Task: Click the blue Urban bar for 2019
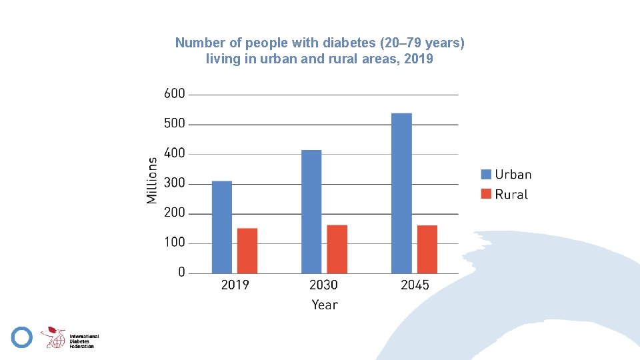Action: click(x=221, y=227)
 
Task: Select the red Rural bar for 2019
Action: click(x=247, y=251)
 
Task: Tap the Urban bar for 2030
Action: click(x=311, y=212)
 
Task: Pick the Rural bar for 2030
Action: click(x=337, y=249)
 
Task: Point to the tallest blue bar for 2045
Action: click(x=401, y=193)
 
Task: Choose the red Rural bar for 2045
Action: click(x=427, y=249)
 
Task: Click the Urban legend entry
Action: click(x=506, y=174)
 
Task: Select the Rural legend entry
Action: click(x=505, y=194)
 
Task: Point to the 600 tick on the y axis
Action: click(x=174, y=93)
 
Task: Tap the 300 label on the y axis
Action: click(x=174, y=183)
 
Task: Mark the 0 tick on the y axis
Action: click(x=181, y=272)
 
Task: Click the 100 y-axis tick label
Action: click(x=174, y=243)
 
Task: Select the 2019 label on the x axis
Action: click(x=235, y=285)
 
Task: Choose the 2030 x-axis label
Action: click(x=323, y=285)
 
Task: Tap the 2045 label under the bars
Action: click(x=415, y=285)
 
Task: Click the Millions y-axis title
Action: click(x=151, y=181)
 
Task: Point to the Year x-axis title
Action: click(x=325, y=305)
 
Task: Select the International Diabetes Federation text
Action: click(x=84, y=341)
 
